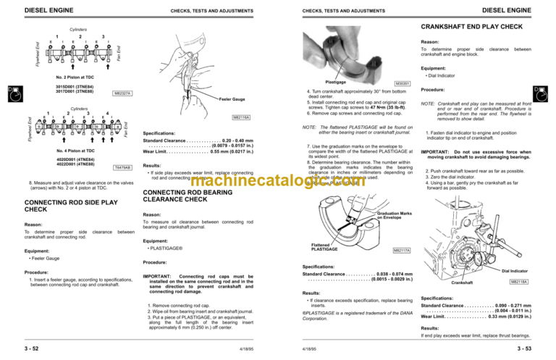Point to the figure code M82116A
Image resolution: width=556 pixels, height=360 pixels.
pos(242,117)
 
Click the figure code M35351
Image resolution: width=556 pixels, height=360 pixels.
pos(405,83)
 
